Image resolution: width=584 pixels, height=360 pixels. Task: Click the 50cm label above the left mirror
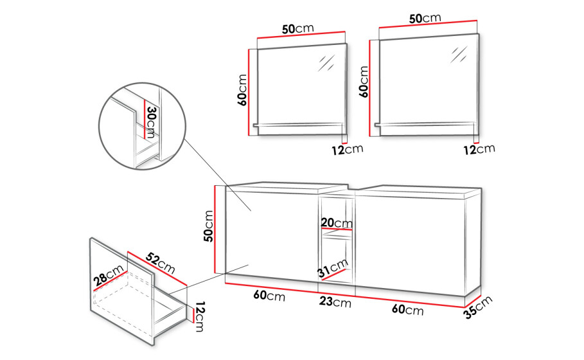point(298,28)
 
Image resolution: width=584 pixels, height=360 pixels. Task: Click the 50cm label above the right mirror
point(425,18)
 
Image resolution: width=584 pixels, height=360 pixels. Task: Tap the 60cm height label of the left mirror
point(242,90)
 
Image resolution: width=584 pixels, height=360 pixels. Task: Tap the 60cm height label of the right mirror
point(364,82)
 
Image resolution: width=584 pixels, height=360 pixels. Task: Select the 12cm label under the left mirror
point(347,149)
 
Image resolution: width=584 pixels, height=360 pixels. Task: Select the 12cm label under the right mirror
point(479,149)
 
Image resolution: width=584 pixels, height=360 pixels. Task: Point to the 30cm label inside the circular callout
point(151,122)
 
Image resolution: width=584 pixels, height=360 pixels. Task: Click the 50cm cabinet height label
point(209,226)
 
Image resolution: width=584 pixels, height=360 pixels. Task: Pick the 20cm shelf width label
point(337,222)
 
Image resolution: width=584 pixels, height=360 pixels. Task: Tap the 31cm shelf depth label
point(333,267)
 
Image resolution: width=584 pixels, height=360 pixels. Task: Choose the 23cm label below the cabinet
point(335,301)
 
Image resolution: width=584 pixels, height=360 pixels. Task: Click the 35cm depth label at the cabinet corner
point(478,307)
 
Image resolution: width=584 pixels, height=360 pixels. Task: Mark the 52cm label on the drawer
point(160,263)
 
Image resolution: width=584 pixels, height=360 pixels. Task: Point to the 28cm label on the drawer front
point(109,274)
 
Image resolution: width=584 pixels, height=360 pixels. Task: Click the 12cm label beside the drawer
point(200,316)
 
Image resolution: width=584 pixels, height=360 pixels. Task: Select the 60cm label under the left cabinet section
point(269,295)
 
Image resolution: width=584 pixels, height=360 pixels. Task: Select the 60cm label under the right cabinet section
point(407,309)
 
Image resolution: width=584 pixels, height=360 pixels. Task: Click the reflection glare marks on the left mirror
point(326,62)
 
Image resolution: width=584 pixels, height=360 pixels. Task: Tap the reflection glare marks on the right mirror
point(459,55)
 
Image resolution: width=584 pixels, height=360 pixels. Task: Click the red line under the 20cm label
point(337,228)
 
